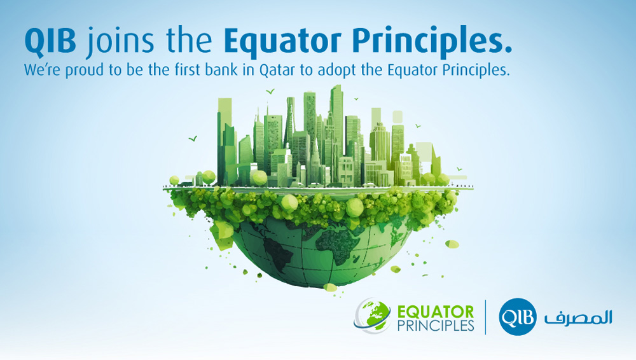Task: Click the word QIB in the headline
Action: pos(50,41)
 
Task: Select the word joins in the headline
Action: pos(120,43)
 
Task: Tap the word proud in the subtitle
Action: pos(85,71)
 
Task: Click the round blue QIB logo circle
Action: pos(518,317)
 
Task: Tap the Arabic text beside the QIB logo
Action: pos(578,317)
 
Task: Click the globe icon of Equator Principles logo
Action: pos(372,315)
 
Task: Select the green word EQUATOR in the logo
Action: pos(435,312)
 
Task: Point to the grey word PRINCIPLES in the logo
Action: pos(436,326)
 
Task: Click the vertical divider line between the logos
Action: pos(485,317)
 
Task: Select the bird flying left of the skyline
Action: pos(193,139)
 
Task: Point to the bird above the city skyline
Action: pos(270,92)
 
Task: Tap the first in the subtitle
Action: pos(188,70)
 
